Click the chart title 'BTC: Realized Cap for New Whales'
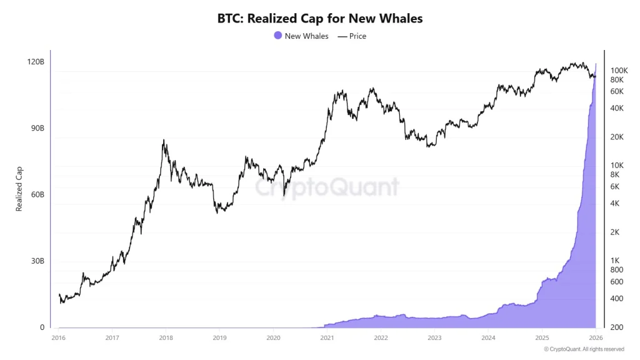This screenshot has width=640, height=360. [320, 18]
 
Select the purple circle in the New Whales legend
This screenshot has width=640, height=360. [278, 36]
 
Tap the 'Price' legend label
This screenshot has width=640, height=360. [357, 36]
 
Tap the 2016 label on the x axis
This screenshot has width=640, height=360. [58, 337]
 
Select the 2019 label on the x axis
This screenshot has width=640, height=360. [219, 337]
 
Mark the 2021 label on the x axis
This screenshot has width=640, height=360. [327, 337]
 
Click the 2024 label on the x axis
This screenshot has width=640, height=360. [488, 337]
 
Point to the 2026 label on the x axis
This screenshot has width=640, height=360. [596, 337]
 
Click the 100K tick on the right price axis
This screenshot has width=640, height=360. [619, 71]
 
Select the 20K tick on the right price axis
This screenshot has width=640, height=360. [616, 137]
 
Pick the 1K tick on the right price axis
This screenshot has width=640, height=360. [614, 260]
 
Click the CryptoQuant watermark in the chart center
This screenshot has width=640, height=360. [326, 187]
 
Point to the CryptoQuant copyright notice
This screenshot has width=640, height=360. [584, 349]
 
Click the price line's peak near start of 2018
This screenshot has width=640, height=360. [164, 141]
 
